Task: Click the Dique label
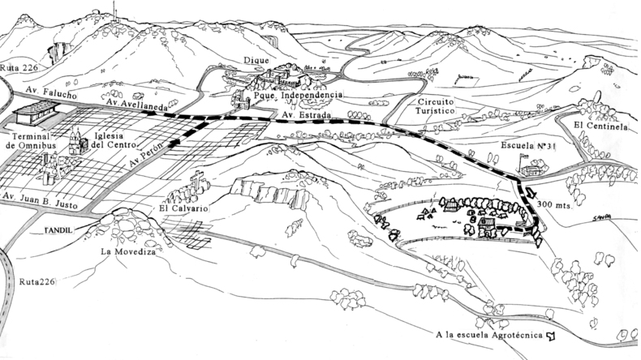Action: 256,61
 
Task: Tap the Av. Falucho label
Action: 51,92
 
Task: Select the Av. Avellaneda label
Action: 136,105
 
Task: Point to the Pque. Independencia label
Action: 298,95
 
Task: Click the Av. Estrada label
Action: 306,115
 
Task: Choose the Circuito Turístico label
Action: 435,106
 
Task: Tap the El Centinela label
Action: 600,126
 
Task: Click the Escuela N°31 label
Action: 524,145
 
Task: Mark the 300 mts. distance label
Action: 555,204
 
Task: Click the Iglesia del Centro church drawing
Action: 78,141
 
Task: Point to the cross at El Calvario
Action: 198,180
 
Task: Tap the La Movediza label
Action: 128,251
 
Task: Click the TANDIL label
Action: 58,230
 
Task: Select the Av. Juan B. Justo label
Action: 40,200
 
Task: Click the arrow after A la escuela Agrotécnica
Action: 551,336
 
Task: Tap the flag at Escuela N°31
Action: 523,156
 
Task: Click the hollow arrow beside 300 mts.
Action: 530,192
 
